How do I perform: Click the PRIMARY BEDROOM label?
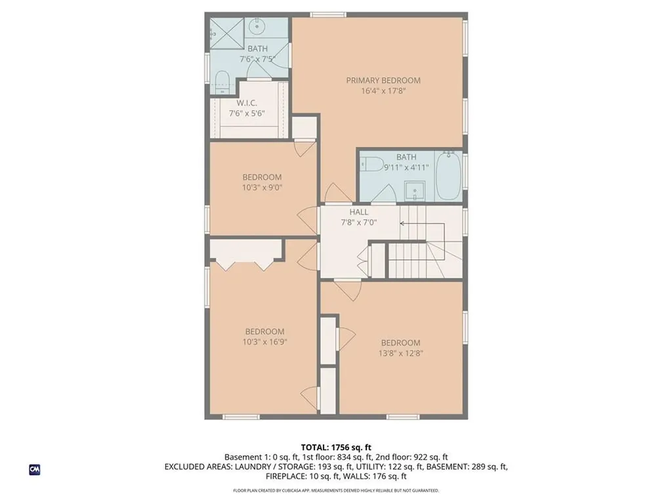(x=383, y=81)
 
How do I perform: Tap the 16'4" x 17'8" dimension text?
(x=383, y=91)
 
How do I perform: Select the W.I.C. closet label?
(x=247, y=104)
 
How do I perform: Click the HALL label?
(x=358, y=212)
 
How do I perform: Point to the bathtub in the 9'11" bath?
(x=449, y=177)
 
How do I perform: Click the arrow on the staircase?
(x=402, y=224)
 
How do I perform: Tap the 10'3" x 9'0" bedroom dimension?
(x=262, y=187)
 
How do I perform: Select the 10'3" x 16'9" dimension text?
(x=265, y=342)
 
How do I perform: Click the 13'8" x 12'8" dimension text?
(x=400, y=352)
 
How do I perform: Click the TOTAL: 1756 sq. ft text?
(x=336, y=448)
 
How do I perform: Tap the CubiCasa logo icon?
(x=35, y=469)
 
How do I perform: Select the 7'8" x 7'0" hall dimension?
(x=358, y=222)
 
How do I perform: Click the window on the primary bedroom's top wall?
(x=328, y=14)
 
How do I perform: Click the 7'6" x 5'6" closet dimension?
(x=247, y=114)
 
